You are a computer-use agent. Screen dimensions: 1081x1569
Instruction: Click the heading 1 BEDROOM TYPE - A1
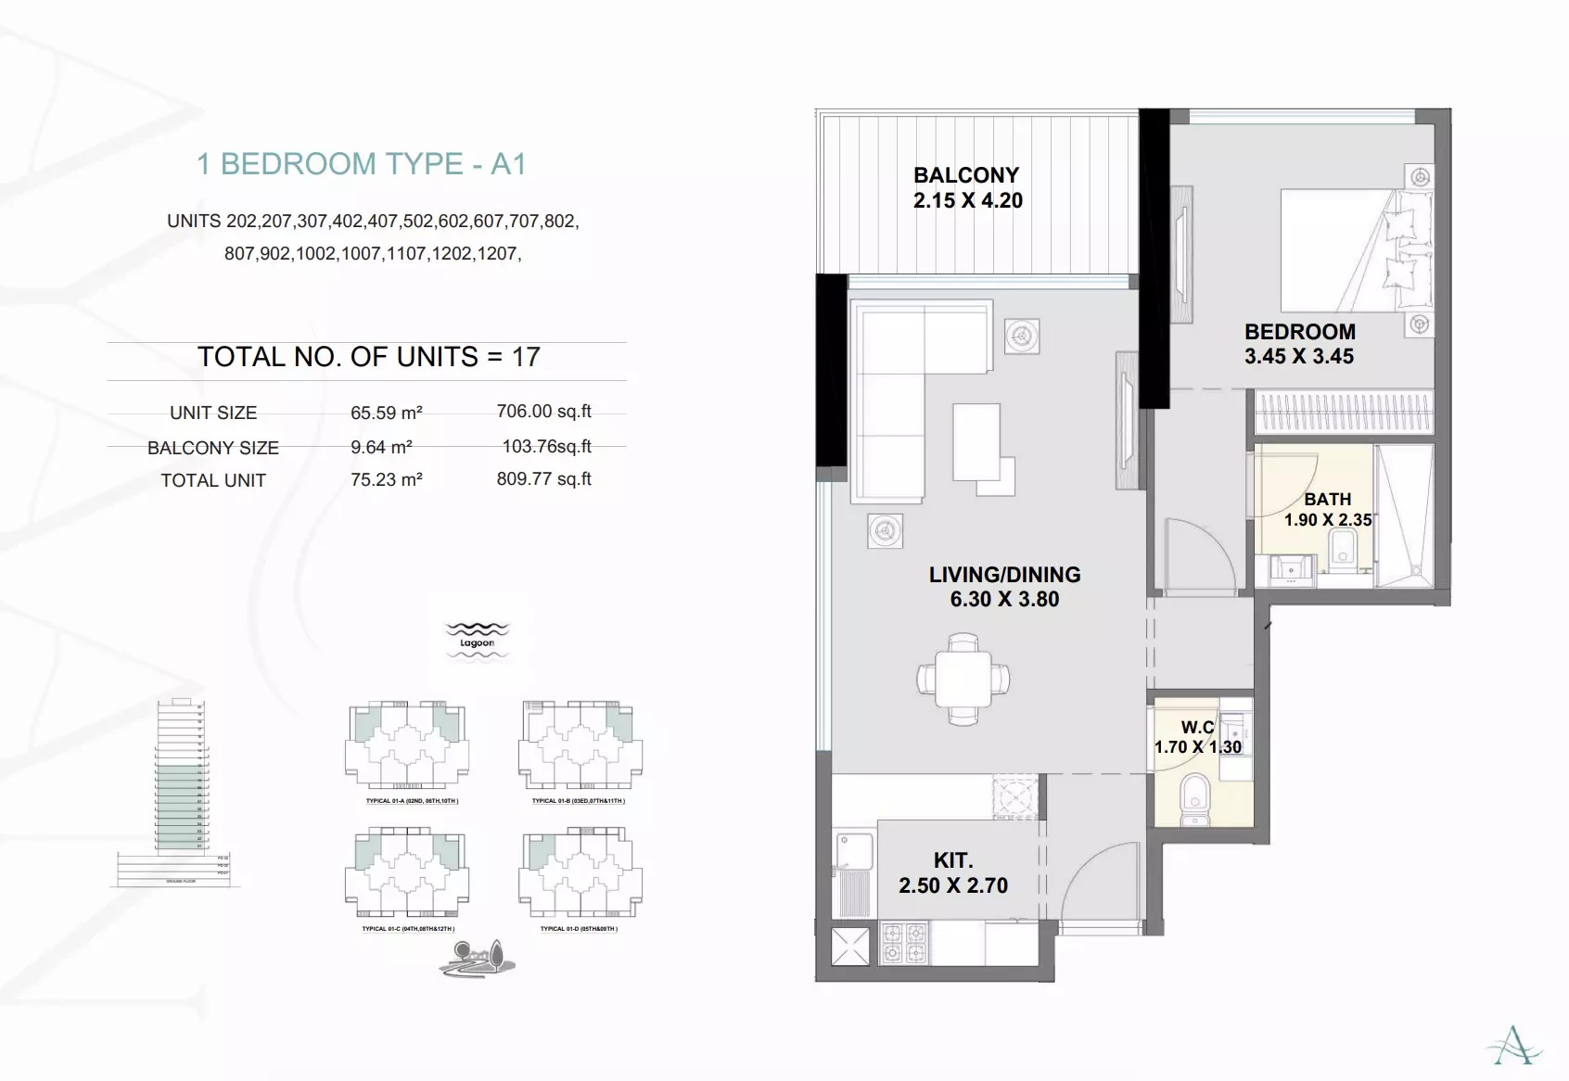click(362, 164)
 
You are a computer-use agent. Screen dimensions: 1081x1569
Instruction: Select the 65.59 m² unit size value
click(386, 413)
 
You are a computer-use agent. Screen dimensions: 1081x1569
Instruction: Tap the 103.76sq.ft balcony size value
click(546, 446)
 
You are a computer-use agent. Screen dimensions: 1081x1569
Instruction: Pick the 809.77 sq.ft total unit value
click(543, 479)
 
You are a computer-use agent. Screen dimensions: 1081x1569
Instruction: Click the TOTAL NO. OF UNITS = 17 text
click(368, 357)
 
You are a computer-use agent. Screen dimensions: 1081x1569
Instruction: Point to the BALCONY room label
click(966, 175)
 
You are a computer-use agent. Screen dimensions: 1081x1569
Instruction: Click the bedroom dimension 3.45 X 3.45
click(1298, 357)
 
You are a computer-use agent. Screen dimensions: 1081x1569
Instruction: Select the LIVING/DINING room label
click(1004, 575)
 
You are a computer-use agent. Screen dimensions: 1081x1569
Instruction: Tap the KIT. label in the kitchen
click(953, 860)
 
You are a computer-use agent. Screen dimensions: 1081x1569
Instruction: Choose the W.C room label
click(1197, 728)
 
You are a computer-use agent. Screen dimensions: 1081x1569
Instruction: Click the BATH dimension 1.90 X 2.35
click(1327, 520)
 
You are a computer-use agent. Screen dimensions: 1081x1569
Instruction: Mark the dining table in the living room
click(963, 679)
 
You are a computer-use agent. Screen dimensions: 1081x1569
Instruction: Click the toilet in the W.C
click(1195, 799)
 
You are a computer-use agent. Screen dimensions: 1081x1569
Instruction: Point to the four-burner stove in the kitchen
click(903, 943)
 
